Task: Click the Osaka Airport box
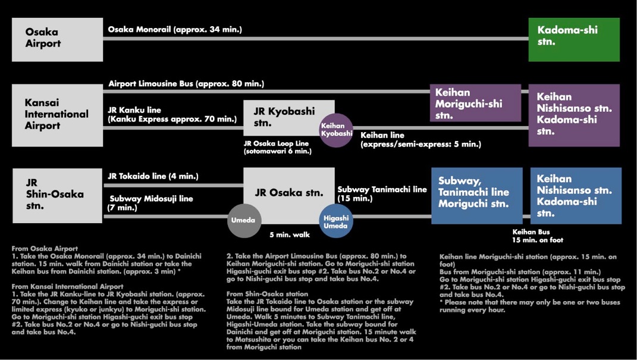tap(57, 39)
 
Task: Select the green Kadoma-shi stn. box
tap(574, 39)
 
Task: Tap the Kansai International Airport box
tap(57, 115)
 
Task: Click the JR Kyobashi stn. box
tap(289, 118)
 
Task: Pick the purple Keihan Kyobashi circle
tap(336, 130)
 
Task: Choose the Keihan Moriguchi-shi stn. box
tap(475, 103)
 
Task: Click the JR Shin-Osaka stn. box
tap(57, 195)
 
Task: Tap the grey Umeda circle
tap(244, 220)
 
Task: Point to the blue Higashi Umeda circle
tap(336, 221)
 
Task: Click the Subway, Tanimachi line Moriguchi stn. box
tap(477, 196)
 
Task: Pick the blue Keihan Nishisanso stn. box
tap(576, 196)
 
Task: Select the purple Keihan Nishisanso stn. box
tap(574, 115)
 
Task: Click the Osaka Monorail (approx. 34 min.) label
tap(175, 30)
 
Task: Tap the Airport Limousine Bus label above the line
tap(187, 84)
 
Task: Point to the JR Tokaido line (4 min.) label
tap(153, 176)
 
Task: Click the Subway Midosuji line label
tap(151, 199)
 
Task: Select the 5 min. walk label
tap(290, 235)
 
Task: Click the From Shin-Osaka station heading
tap(267, 294)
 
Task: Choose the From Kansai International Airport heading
tap(67, 287)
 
